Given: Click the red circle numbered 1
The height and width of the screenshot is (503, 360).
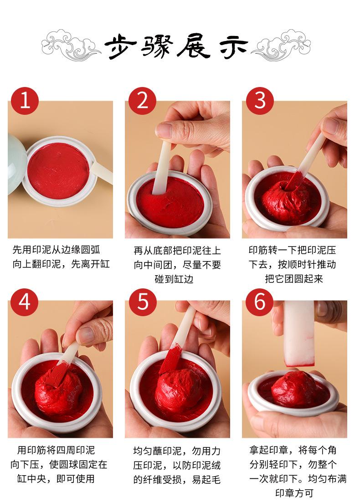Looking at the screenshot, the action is pos(25,101).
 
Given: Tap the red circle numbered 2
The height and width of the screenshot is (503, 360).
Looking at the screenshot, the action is pos(142,101).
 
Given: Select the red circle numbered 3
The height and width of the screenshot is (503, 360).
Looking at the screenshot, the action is pos(260,101).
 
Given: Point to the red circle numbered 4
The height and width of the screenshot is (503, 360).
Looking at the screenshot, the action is pos(25,302).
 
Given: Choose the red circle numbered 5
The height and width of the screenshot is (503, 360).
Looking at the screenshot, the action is pos(143,302).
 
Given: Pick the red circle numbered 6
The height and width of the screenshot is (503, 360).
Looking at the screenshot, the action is pos(260,302).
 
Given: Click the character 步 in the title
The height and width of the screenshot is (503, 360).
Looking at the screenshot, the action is pos(120,47).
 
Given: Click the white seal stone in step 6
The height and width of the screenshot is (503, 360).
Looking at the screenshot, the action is pos(299,333).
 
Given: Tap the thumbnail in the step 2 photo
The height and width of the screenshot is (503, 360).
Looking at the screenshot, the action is pos(165,130).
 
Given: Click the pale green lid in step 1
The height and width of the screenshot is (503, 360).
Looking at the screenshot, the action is pos(16,164).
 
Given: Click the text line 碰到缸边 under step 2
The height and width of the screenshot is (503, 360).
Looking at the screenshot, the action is pos(174,279).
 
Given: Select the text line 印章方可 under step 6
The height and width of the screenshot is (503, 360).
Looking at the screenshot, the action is pos(294,493).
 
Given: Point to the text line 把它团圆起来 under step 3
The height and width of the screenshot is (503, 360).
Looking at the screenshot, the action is pos(294,279).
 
